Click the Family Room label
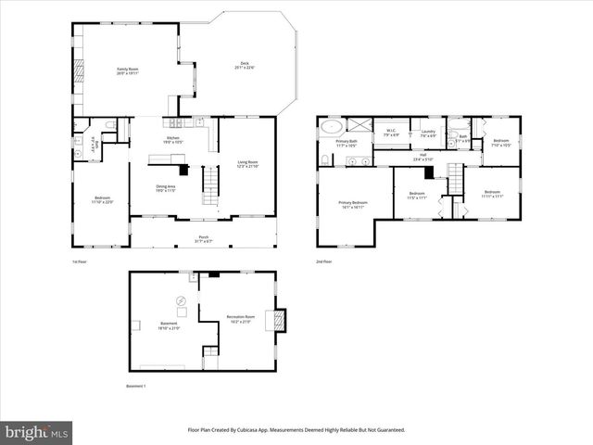point(128,70)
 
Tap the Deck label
point(244,65)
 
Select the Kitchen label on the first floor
point(172,140)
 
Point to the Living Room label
point(247,164)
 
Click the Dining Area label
point(166,189)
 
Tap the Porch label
point(203,238)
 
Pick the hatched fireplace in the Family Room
point(79,70)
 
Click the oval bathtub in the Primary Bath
point(333,126)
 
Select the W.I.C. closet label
point(393,133)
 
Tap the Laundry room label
point(427,133)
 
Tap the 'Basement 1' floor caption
point(136,386)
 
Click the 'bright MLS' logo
point(37,432)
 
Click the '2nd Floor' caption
point(325,261)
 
